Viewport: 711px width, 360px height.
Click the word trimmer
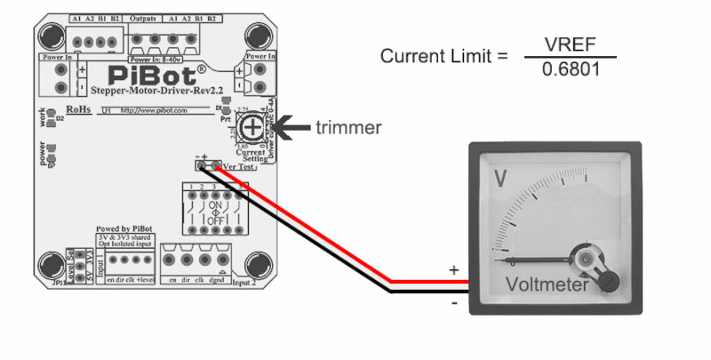(x=349, y=127)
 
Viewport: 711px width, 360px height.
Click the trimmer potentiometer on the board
(x=253, y=129)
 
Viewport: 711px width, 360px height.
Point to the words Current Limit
(x=436, y=56)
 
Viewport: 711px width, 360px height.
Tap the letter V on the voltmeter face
(x=500, y=179)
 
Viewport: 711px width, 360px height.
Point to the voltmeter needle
(x=542, y=259)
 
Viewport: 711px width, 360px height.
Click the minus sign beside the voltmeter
(x=454, y=303)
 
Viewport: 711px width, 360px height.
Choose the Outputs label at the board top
(x=143, y=19)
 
